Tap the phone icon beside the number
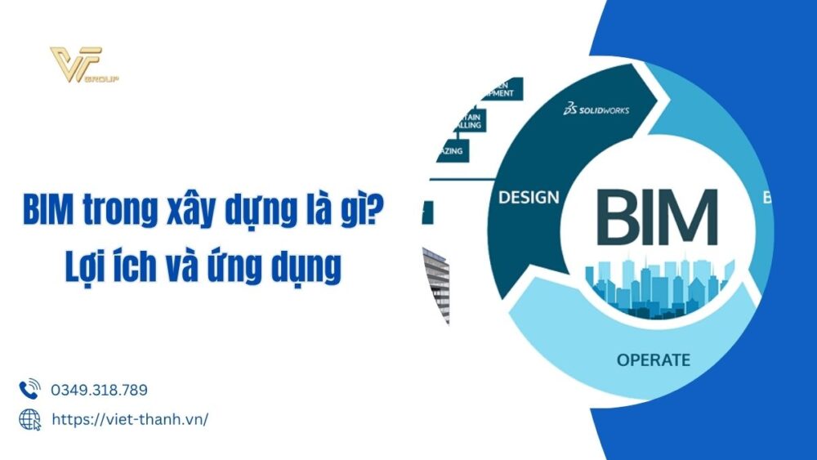(29, 389)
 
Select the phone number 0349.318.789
(99, 390)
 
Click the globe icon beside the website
(29, 419)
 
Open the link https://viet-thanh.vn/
(130, 419)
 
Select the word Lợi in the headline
(87, 268)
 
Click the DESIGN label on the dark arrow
(529, 197)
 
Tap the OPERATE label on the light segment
(653, 360)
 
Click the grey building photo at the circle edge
(437, 282)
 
